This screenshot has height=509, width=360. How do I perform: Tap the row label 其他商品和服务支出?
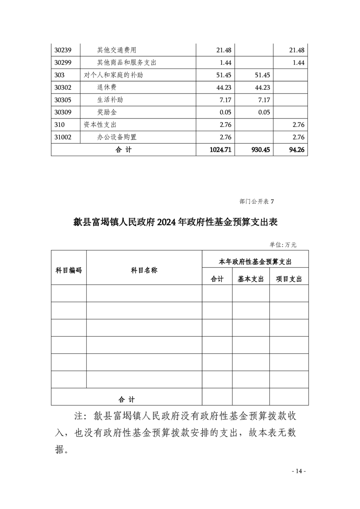[127, 63]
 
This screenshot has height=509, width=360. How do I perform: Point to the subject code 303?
[59, 75]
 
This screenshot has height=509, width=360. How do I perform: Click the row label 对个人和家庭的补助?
[113, 75]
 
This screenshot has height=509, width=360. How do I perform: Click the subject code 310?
[59, 124]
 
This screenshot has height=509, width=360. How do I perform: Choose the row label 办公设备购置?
[117, 137]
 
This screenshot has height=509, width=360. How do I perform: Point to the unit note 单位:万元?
[283, 245]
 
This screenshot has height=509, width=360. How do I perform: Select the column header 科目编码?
[69, 270]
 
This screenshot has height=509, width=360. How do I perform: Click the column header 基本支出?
[251, 279]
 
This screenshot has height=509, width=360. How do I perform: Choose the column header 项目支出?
[289, 279]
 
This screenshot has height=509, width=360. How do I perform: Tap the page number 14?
[299, 471]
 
